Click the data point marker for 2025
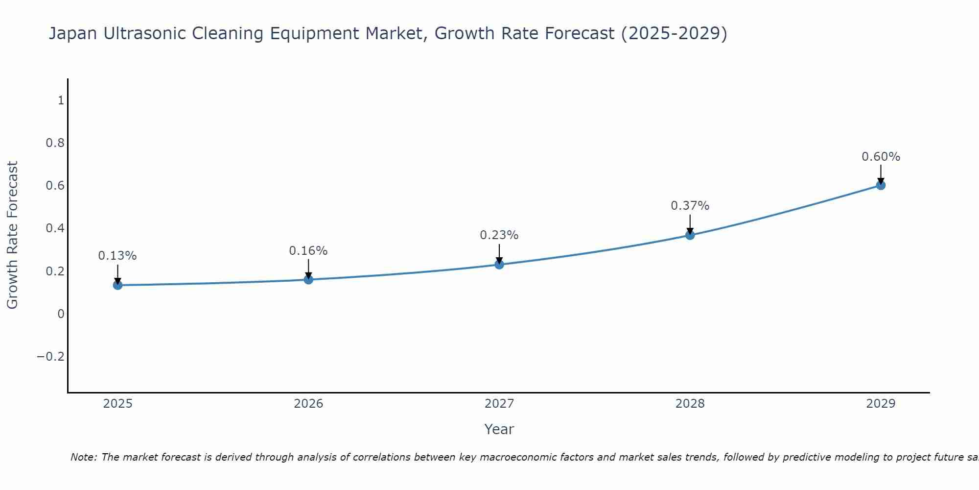[x=117, y=285]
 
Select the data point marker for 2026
[x=308, y=279]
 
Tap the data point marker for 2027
[x=499, y=265]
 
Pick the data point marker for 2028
[x=690, y=235]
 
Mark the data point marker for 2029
[x=881, y=185]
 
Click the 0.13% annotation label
[x=117, y=256]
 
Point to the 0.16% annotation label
[x=308, y=251]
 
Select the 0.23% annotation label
[x=499, y=235]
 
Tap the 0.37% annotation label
[x=690, y=206]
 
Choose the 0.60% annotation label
[x=881, y=157]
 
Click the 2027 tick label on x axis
[x=499, y=404]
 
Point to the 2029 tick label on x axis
[x=881, y=404]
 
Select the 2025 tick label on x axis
[x=117, y=404]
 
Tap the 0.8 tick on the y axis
[x=55, y=143]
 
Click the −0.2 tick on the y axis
[x=51, y=356]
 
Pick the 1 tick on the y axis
[x=61, y=100]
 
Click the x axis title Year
[x=499, y=429]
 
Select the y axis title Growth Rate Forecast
[x=12, y=235]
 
